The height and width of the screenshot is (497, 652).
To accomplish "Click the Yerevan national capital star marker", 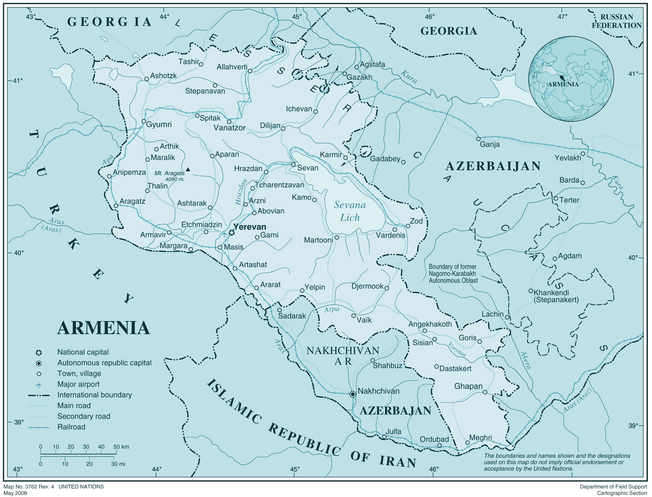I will [232, 233].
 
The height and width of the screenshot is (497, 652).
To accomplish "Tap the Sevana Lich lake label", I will [350, 211].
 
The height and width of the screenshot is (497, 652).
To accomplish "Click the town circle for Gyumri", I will [144, 121].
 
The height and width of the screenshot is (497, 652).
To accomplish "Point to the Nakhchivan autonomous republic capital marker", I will [353, 394].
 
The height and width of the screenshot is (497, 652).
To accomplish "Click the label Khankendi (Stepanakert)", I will [556, 296].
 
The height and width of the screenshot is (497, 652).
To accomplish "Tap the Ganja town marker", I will [478, 139].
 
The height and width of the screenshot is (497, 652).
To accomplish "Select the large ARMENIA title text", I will [103, 328].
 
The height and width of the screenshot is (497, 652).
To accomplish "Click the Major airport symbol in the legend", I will [39, 385].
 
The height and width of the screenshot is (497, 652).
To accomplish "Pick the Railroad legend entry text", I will [71, 427].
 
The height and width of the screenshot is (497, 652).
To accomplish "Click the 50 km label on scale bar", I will [121, 447].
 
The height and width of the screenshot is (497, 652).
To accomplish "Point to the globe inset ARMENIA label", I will [563, 84].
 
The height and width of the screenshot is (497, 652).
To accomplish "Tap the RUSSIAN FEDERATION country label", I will [617, 21].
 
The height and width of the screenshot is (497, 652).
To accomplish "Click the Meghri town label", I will [481, 437].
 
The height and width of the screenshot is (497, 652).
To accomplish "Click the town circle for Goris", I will [480, 342].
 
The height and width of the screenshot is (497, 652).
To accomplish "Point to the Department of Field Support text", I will [613, 487].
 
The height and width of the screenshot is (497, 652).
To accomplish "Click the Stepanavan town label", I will [205, 91].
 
